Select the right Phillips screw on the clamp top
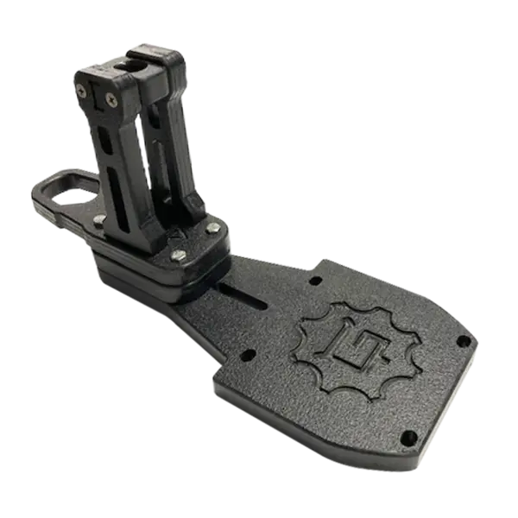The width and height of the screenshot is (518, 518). (x=111, y=100)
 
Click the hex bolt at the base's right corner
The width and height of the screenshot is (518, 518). (x=212, y=228)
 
